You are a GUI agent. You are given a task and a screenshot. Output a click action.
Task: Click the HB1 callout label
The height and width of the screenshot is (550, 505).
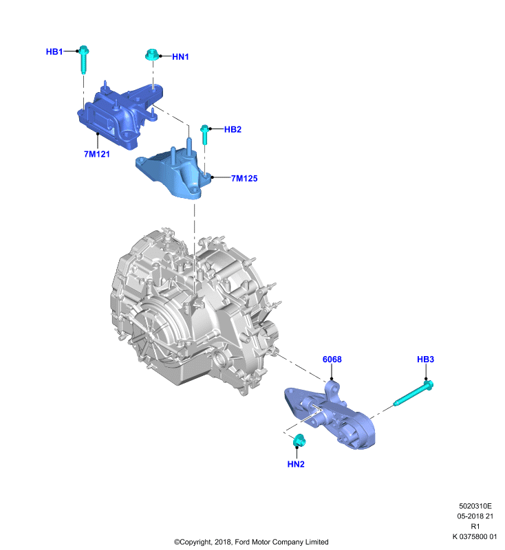click(x=54, y=52)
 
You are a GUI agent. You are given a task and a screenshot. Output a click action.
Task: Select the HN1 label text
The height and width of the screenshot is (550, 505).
click(x=180, y=56)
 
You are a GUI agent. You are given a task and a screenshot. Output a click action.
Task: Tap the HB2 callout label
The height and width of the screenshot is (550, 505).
click(x=233, y=129)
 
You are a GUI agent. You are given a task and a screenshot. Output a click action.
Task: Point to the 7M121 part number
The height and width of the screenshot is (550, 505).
click(x=97, y=154)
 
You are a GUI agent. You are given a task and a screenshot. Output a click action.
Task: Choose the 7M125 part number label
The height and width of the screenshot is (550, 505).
click(x=244, y=179)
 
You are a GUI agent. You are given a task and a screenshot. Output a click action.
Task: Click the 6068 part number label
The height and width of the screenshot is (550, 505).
click(x=332, y=359)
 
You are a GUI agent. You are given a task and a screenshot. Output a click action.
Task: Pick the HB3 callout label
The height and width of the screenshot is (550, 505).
click(x=425, y=359)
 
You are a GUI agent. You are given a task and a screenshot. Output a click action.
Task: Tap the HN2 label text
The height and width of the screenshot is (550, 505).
click(x=296, y=464)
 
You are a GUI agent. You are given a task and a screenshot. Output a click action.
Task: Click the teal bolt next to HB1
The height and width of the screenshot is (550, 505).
click(x=83, y=59)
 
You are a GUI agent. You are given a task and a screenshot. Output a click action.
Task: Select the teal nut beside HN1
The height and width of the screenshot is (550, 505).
click(x=152, y=55)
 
